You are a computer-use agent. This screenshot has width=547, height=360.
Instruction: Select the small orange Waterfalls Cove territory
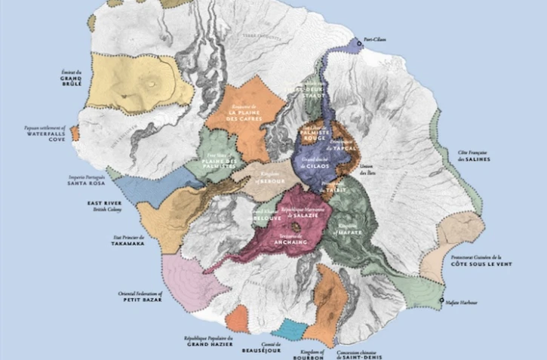[75, 134]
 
